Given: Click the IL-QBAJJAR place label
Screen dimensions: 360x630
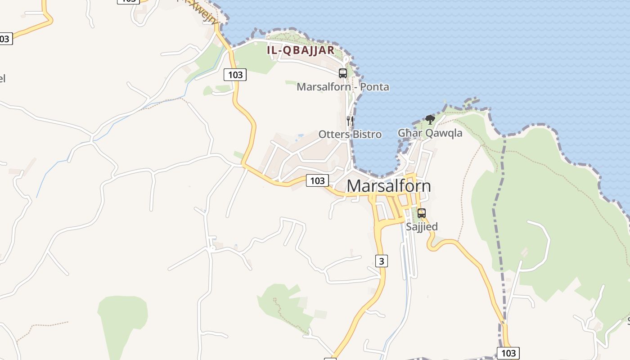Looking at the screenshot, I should tap(301, 50).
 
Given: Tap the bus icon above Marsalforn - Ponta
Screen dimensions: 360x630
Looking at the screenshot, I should tap(343, 73).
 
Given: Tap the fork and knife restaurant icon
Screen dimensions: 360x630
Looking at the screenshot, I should tap(350, 121).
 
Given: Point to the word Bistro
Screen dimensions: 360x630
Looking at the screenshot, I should tap(367, 134).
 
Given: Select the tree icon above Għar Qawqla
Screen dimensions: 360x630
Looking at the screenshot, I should tap(430, 120).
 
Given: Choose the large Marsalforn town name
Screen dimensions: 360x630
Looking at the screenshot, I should tap(389, 186).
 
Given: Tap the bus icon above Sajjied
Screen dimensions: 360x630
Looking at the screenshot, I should tap(422, 213).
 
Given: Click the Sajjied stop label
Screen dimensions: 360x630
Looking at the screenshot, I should tap(422, 226).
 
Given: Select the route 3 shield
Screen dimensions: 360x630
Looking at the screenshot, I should tap(381, 261).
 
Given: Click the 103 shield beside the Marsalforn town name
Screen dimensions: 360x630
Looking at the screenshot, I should tap(317, 180).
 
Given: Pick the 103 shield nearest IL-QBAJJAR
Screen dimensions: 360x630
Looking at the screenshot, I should tap(235, 75).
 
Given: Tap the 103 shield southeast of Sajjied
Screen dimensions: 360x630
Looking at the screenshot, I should tap(508, 353).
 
